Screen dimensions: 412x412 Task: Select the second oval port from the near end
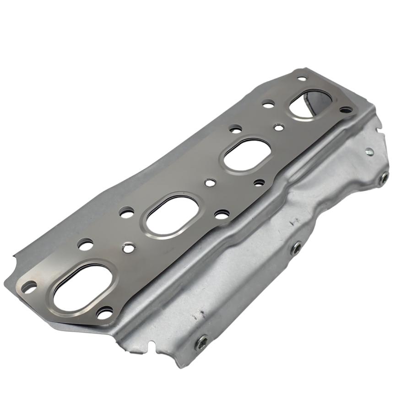172,215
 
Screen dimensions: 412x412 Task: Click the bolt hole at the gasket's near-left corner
29,287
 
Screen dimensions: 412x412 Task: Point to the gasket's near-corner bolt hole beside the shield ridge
104,313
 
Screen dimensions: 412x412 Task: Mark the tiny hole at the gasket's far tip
301,78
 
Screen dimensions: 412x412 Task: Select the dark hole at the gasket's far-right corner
346,110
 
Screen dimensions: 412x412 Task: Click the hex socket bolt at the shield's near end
201,342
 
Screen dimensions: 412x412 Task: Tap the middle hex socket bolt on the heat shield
296,248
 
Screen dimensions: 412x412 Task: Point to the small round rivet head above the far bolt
369,151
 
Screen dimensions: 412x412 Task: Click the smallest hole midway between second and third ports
210,183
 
